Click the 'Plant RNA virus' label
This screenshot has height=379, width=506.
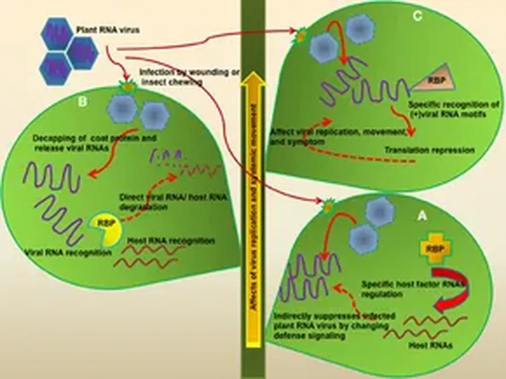click(108, 30)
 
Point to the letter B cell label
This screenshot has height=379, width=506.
click(83, 102)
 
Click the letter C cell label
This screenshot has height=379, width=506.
click(418, 16)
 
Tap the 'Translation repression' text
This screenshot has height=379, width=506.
click(429, 150)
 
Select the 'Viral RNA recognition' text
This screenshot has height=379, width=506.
click(67, 253)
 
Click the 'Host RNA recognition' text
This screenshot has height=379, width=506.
click(171, 241)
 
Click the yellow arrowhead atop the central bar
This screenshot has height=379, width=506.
click(253, 79)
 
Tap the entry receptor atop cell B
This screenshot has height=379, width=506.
click(128, 87)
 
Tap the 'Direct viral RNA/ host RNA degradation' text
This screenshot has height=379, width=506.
click(173, 201)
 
